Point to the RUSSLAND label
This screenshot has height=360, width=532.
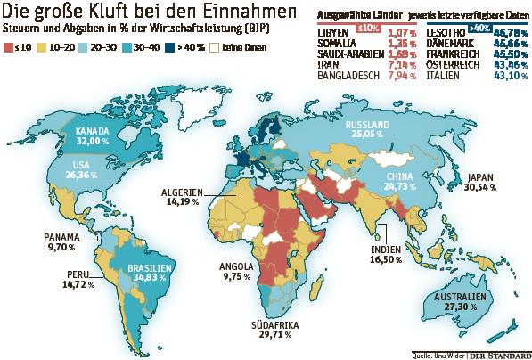367,123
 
